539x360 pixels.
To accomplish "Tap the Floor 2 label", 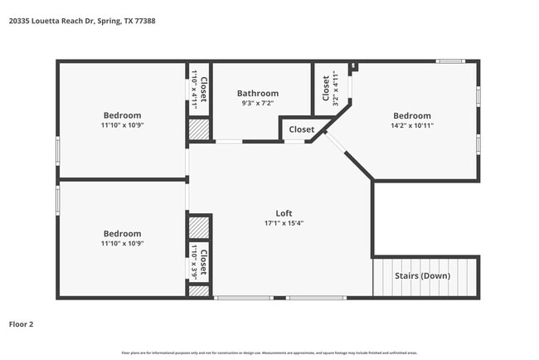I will point(22,324).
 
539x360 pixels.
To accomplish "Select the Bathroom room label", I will point(258,94).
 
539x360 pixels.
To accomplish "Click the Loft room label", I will point(284,213).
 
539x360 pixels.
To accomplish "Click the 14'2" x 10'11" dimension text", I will point(412,125).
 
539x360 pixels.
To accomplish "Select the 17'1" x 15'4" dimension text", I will point(284,223).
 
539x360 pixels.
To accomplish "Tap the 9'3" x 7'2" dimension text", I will point(258,104).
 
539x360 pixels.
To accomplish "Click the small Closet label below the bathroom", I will point(301,129).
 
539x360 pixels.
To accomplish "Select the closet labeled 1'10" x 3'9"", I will point(199,260).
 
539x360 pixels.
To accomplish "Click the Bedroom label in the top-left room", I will point(122,115).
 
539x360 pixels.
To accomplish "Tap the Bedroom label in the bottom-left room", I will point(122,234).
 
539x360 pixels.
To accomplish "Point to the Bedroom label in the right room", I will point(412,115).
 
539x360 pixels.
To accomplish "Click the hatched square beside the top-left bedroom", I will point(199,129).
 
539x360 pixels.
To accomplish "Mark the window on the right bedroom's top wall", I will point(450,61).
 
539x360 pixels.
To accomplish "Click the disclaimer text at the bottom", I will point(269,353).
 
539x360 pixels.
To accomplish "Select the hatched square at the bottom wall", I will point(199,292).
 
